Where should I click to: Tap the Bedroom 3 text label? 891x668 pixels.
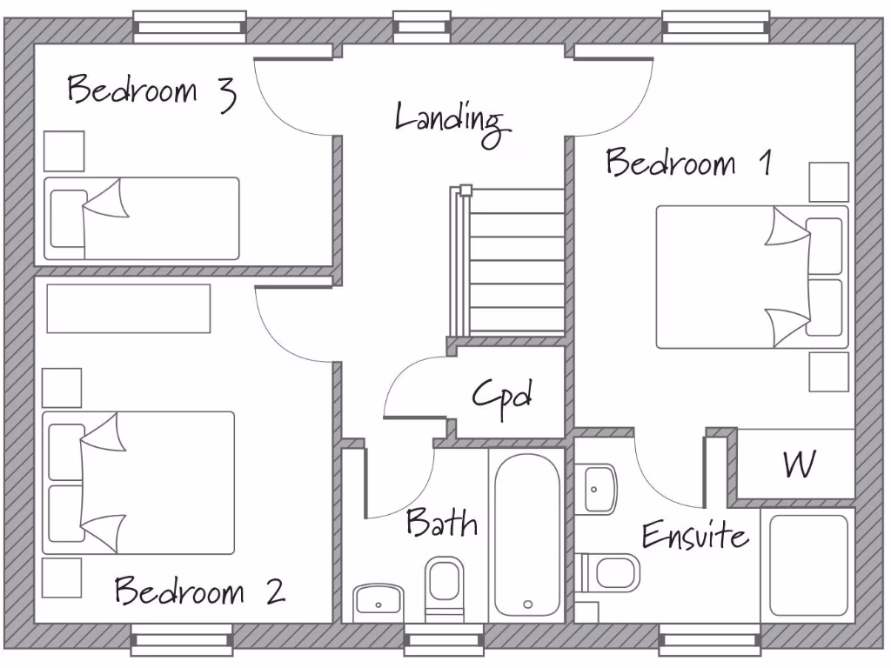coord(151,91)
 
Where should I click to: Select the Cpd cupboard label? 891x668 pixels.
coord(502,397)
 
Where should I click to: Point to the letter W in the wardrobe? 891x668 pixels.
coord(799,464)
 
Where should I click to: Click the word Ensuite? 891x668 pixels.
coord(694,535)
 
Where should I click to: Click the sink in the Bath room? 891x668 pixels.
coord(378,600)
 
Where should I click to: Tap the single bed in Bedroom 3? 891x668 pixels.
coord(142,218)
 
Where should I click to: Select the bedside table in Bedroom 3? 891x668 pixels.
coord(64,151)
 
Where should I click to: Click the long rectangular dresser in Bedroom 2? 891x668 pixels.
coord(129,309)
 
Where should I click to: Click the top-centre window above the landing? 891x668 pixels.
coord(422,27)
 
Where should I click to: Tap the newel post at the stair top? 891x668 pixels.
coord(466,189)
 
